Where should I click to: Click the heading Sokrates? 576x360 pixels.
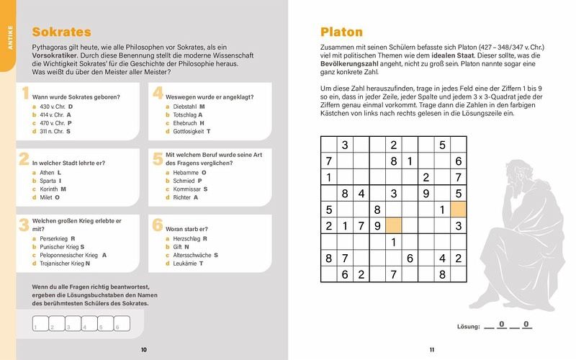[x=62, y=32]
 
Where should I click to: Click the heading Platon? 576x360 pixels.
[x=341, y=32]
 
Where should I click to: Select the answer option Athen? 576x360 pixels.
[x=48, y=173]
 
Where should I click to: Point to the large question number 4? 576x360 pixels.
[x=158, y=94]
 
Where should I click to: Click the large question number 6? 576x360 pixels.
[x=158, y=225]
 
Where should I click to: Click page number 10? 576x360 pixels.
[x=144, y=350]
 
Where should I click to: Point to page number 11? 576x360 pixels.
[x=432, y=350]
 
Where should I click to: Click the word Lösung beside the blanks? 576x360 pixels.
[x=468, y=327]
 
